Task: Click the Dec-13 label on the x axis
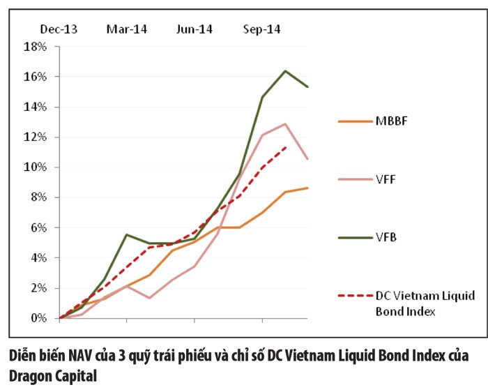pyautogui.click(x=59, y=29)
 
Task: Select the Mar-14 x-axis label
pyautogui.click(x=126, y=29)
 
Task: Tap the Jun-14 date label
pyautogui.click(x=195, y=29)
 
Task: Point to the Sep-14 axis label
pyautogui.click(x=262, y=29)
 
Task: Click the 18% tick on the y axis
pyautogui.click(x=35, y=47)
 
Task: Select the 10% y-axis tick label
pyautogui.click(x=35, y=167)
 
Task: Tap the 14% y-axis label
pyautogui.click(x=35, y=107)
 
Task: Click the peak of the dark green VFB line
pyautogui.click(x=285, y=70)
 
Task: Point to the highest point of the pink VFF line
pyautogui.click(x=285, y=123)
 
